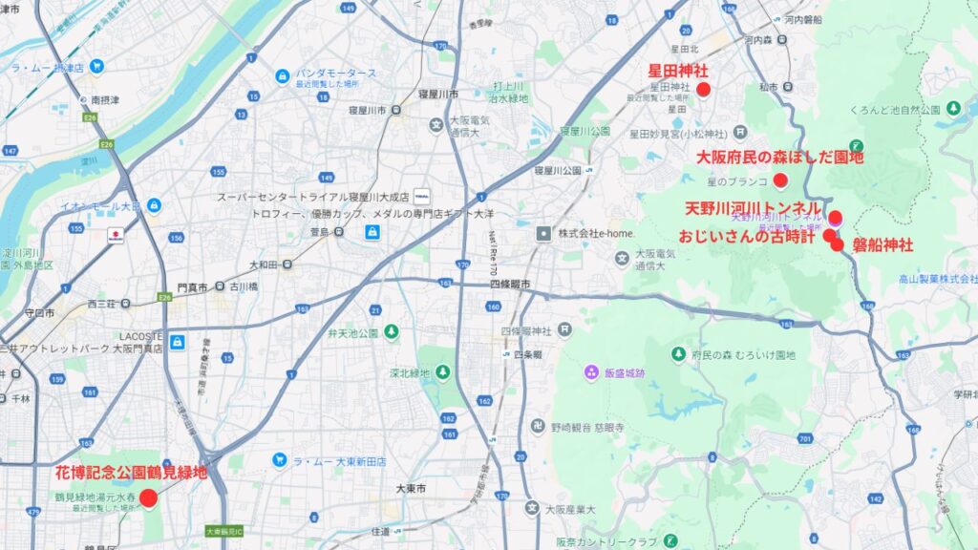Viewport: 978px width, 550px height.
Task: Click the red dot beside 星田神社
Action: [704, 90]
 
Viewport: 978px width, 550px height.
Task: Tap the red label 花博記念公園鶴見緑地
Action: [132, 472]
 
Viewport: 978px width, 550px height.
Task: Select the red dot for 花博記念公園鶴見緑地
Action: [148, 497]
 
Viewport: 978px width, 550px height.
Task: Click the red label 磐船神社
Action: [882, 245]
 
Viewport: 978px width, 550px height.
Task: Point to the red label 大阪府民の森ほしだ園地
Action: [780, 157]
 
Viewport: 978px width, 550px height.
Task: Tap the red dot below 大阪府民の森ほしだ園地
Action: [780, 180]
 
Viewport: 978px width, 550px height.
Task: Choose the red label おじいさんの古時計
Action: [747, 235]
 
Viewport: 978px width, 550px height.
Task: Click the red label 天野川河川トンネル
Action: [754, 207]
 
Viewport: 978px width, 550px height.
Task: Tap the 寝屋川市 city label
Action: [438, 94]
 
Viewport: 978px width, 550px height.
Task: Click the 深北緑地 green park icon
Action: [443, 372]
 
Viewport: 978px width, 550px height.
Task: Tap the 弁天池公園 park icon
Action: [391, 331]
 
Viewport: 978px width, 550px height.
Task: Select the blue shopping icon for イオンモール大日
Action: [153, 206]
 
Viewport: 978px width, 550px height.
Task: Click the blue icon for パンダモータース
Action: [282, 76]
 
